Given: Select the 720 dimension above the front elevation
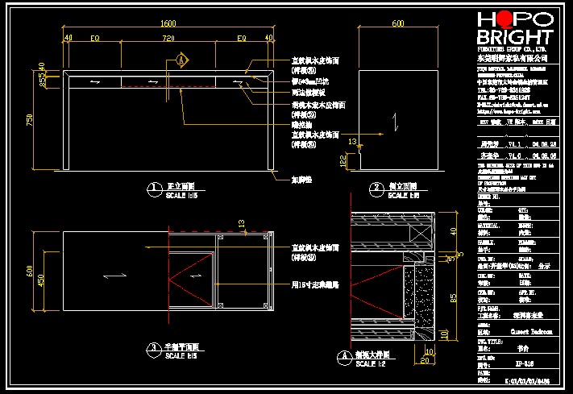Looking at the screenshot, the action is [x=168, y=39].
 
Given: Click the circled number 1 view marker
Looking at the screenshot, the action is [x=152, y=190].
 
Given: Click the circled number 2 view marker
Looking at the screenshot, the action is [x=376, y=190].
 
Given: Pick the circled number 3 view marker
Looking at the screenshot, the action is [x=152, y=349].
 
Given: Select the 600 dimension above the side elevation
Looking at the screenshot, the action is [x=397, y=24].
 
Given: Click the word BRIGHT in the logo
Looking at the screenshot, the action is [x=515, y=38].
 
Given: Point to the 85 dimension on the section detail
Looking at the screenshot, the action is [x=453, y=297].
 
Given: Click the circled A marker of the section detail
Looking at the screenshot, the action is [x=341, y=355].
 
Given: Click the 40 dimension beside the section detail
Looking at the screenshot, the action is [x=453, y=231].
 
